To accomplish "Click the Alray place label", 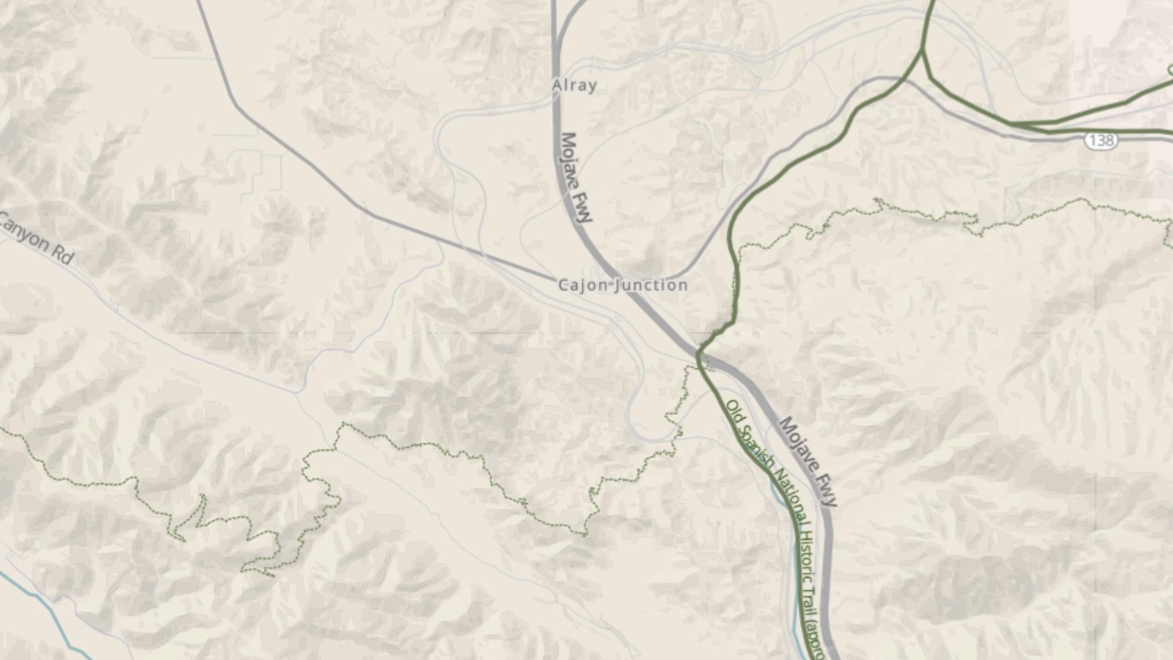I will (574, 86).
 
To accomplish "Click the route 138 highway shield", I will (1100, 140).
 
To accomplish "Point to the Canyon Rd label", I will (37, 238).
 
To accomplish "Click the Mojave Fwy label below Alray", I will (577, 177).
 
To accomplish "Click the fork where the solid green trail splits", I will (922, 51).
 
